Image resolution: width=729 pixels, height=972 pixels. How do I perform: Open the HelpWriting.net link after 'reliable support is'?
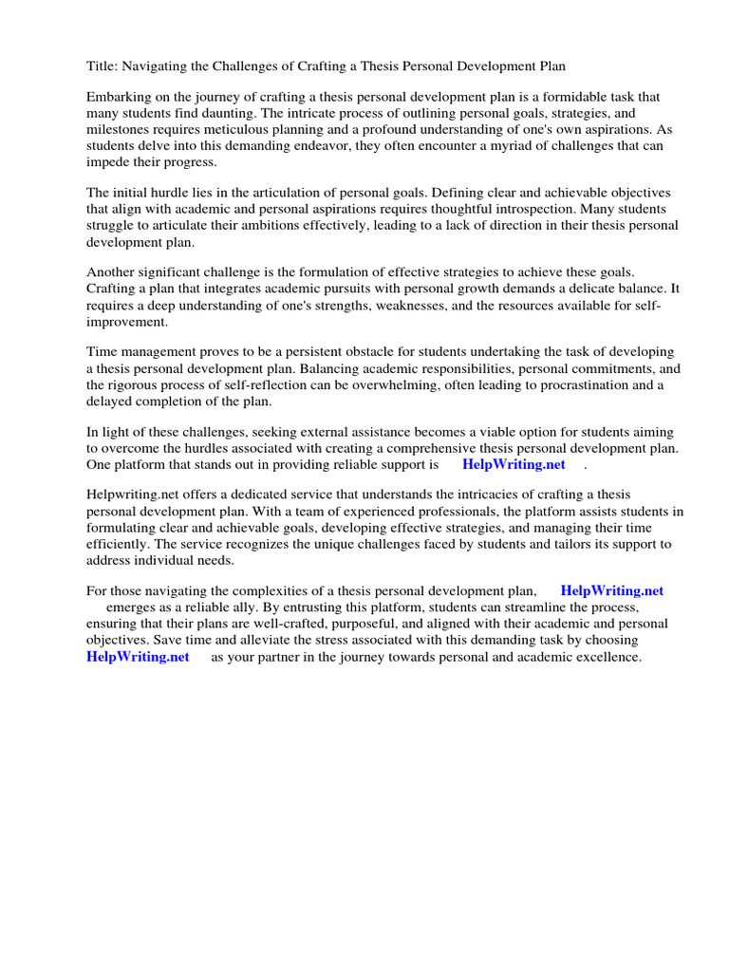tap(514, 464)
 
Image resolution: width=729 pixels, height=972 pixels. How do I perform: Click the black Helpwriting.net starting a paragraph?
tap(135, 495)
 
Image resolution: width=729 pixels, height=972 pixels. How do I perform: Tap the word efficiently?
tap(120, 544)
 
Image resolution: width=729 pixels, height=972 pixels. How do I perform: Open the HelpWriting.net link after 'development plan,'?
tap(612, 590)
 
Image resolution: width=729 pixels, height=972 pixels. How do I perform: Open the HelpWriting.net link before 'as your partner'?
tap(138, 657)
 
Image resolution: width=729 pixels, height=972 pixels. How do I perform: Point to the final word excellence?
tap(607, 657)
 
